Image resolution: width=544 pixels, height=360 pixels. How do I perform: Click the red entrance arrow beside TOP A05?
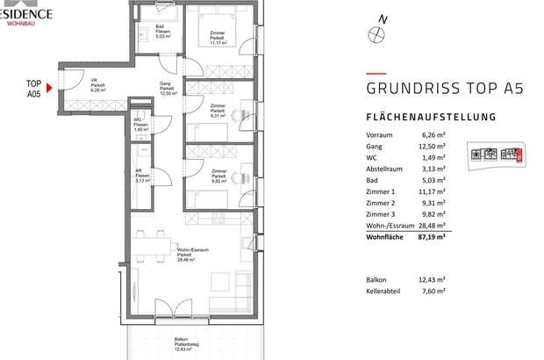(x=49, y=87)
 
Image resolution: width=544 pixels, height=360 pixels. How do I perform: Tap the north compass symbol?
(x=377, y=32)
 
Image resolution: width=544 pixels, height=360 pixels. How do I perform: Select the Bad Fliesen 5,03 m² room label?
(x=161, y=33)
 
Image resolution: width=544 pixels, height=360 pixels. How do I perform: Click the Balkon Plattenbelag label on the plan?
(x=181, y=344)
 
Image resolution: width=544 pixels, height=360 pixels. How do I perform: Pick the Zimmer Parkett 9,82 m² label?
(x=219, y=175)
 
